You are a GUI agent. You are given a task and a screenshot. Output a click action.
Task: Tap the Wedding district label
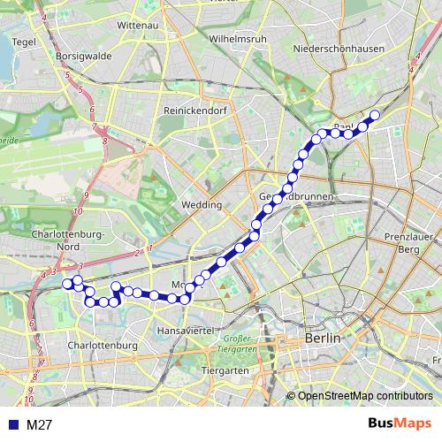201,204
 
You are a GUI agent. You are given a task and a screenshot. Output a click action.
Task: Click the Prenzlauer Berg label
407,244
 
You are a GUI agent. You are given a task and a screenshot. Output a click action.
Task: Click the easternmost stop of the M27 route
375,115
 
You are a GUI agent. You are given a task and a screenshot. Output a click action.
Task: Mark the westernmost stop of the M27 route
66,283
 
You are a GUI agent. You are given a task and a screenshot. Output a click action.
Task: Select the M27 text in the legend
39,425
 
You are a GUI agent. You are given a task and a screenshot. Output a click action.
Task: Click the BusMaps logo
400,424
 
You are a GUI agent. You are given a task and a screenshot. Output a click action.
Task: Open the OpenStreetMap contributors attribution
365,395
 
